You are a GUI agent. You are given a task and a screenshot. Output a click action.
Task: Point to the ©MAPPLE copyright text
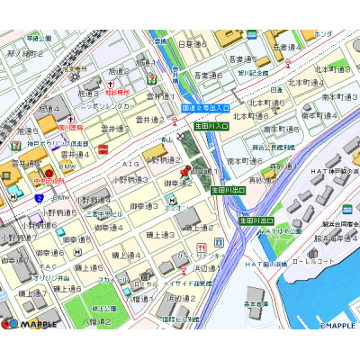[x=339, y=325]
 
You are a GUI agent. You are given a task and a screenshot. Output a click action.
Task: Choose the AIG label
[x=131, y=165]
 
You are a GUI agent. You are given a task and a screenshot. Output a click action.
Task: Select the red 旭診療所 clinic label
[x=118, y=92]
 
